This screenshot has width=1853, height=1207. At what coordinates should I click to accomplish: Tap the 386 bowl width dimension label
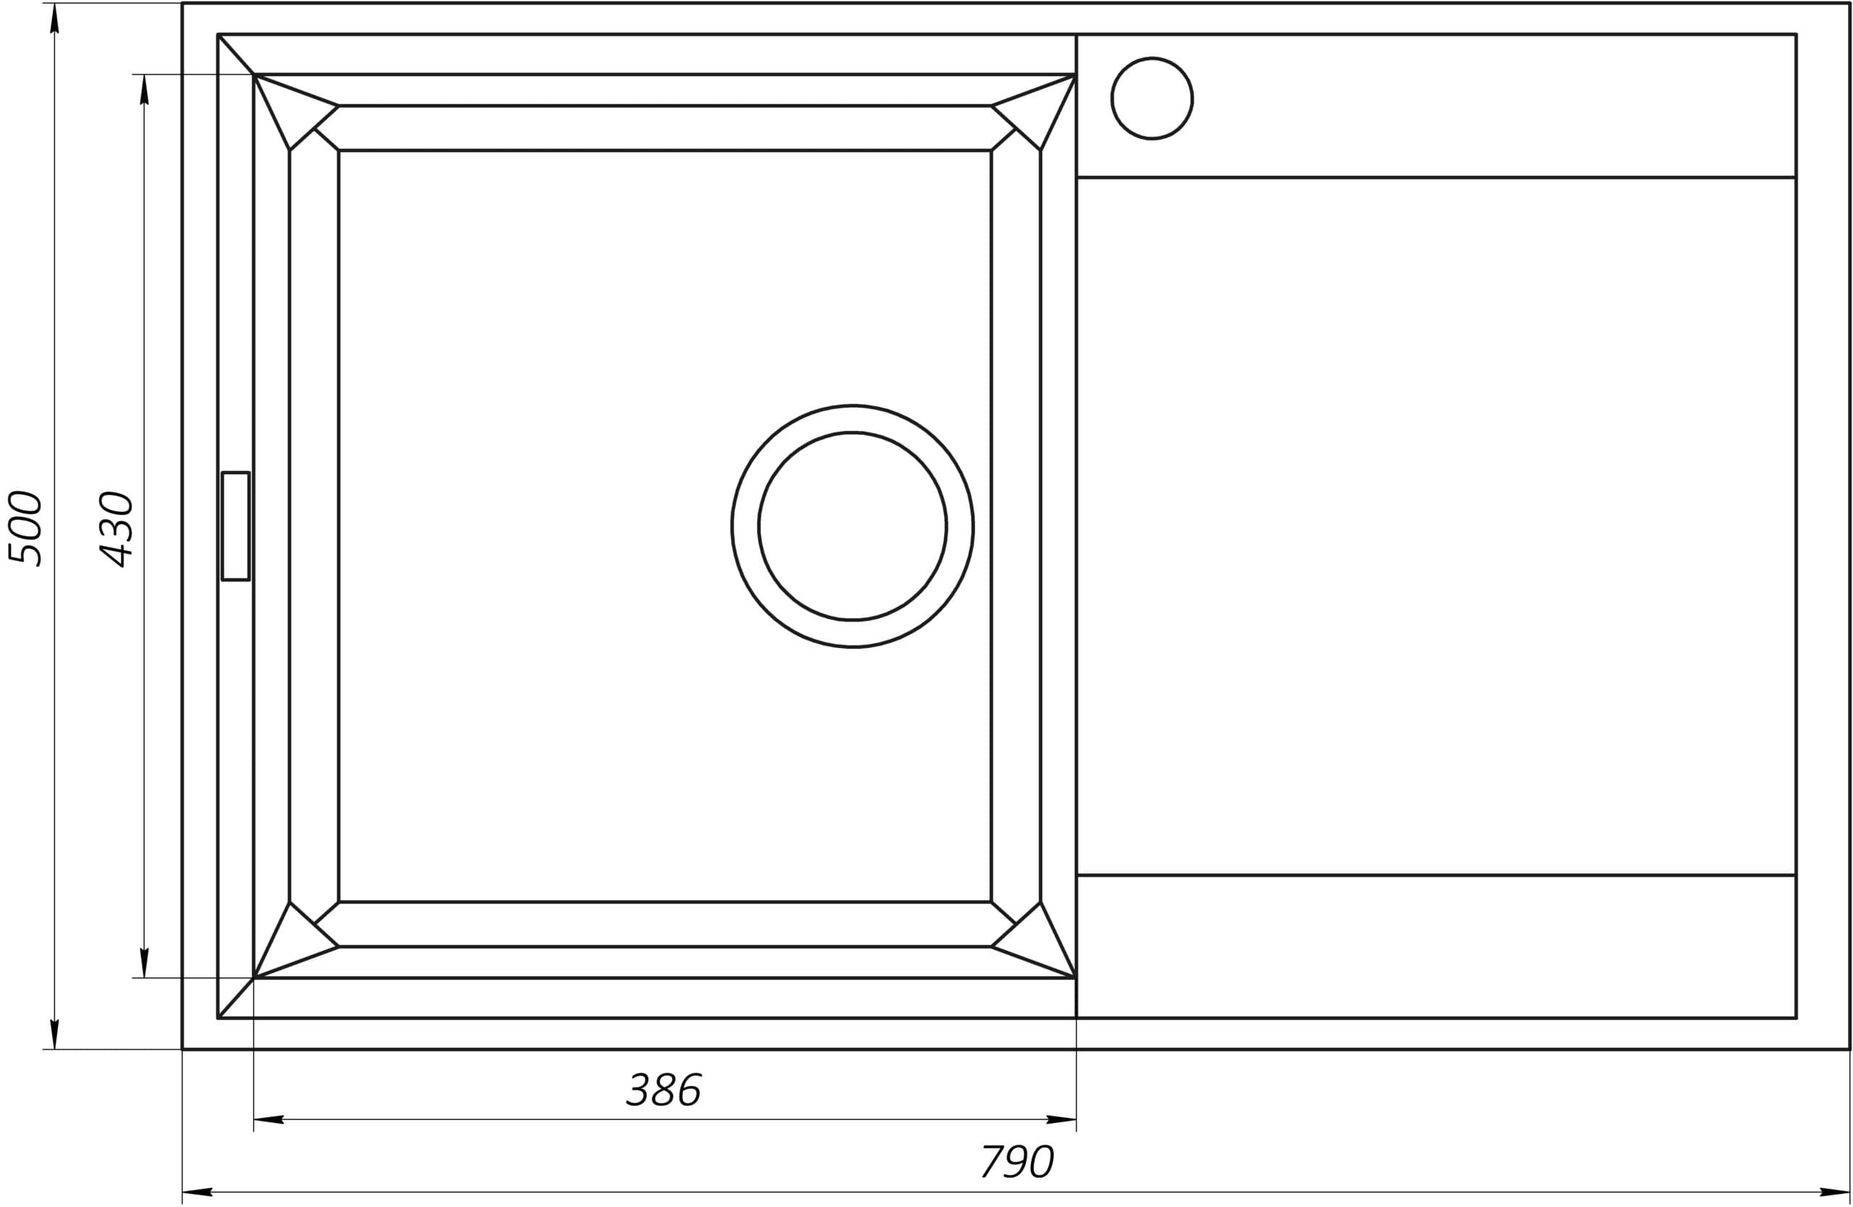[664, 1090]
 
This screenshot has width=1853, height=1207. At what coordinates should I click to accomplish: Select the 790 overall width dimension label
[1017, 1162]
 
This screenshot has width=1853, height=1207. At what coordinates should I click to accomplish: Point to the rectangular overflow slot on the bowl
[235, 526]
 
